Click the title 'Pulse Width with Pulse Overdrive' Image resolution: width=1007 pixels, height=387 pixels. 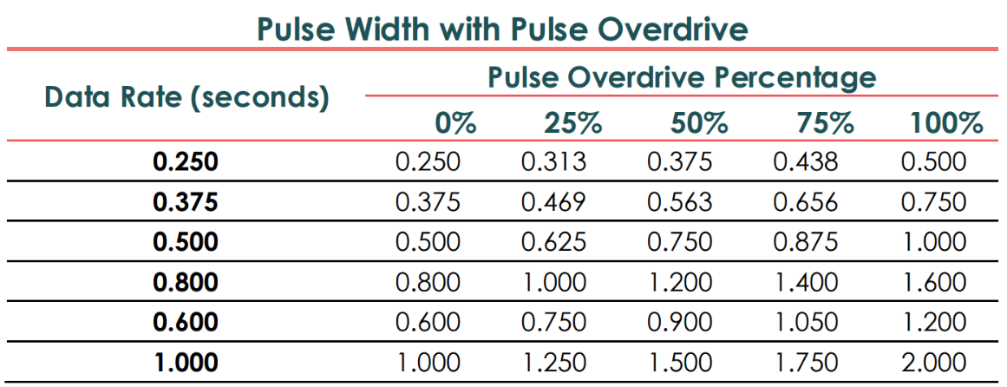[502, 30]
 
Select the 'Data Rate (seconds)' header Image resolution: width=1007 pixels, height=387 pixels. [187, 96]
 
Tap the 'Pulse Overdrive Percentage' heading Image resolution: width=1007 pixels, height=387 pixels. [682, 78]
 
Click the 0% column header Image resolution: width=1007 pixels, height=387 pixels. [456, 123]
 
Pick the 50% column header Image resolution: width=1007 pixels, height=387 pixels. [698, 123]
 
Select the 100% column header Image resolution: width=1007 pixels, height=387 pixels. [946, 123]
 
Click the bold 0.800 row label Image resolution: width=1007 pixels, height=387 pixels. [186, 282]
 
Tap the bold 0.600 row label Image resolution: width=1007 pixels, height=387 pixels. [186, 322]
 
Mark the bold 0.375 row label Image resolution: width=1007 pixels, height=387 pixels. [186, 202]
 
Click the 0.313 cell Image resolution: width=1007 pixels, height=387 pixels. [553, 162]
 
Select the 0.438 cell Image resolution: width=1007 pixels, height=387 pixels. [806, 162]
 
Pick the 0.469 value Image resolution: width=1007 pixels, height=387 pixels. [553, 202]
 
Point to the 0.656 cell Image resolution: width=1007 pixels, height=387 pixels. [806, 202]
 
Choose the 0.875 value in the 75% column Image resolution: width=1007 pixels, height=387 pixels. [806, 242]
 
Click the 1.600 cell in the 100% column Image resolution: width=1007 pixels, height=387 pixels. [933, 282]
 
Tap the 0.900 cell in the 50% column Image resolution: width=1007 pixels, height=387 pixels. [680, 322]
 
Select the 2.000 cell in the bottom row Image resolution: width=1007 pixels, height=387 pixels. [933, 362]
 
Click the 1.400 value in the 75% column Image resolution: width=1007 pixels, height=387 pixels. [806, 282]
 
